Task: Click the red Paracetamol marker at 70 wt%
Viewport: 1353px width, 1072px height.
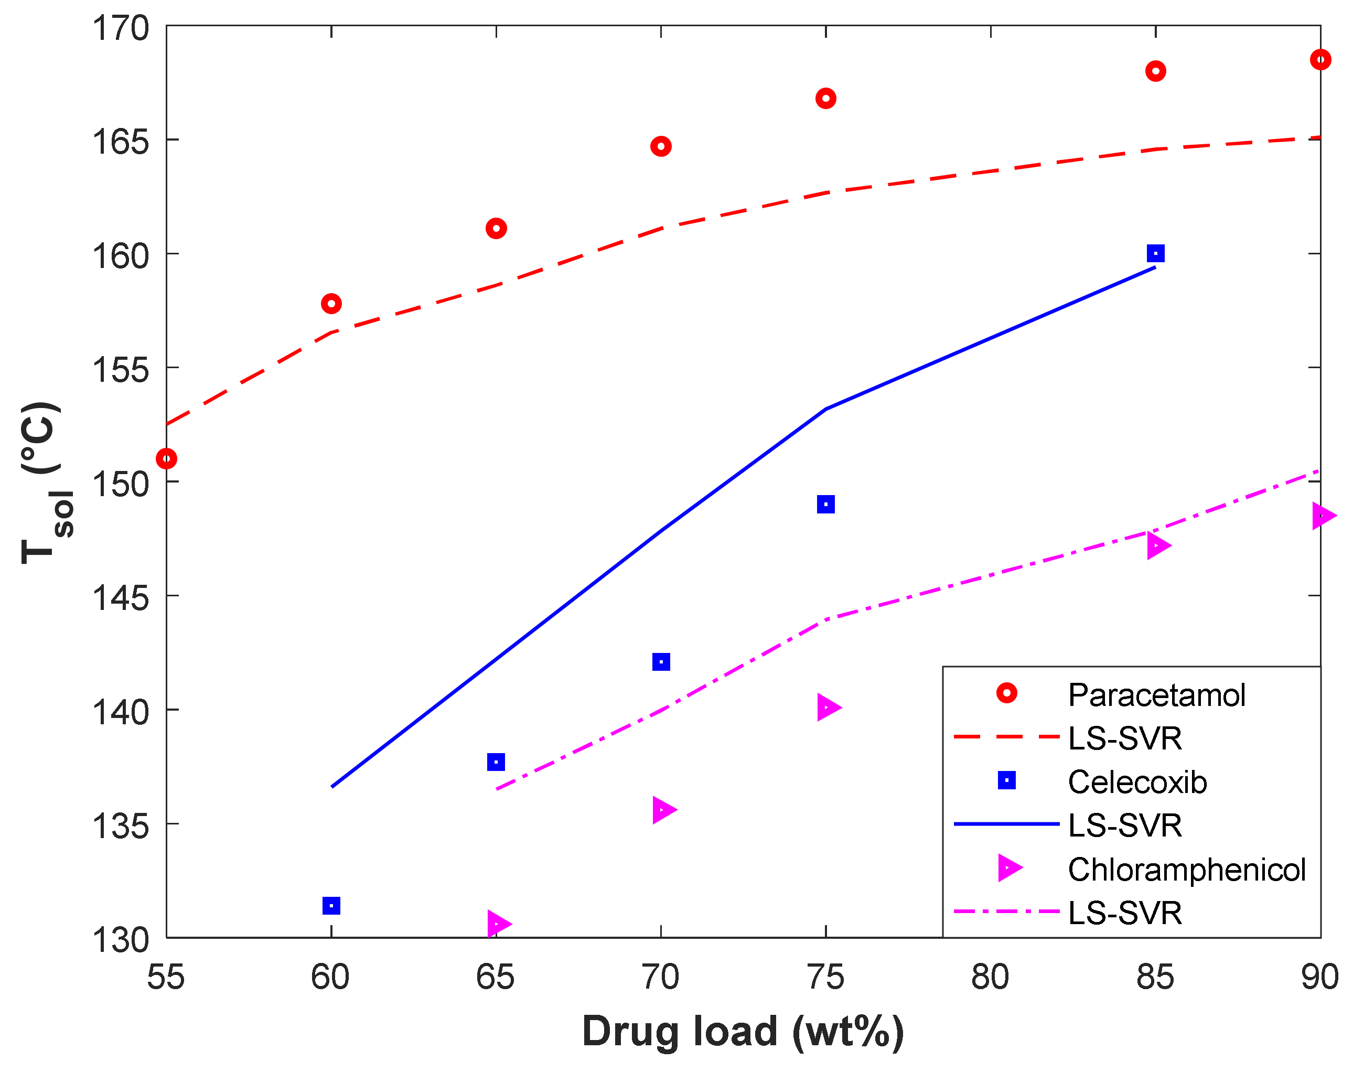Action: tap(661, 147)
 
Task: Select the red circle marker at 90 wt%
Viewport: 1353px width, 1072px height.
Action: tap(1320, 60)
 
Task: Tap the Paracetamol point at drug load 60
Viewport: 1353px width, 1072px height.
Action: tap(331, 304)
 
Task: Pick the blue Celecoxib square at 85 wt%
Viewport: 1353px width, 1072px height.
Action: tap(1155, 253)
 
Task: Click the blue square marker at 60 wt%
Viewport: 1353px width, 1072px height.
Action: tap(331, 906)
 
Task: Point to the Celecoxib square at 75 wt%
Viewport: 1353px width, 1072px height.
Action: tap(826, 504)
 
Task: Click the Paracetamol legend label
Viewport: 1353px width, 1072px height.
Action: tap(1156, 695)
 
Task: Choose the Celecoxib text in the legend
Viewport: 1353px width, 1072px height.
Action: tap(1137, 782)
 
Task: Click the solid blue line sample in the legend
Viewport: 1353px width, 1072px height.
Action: tap(1006, 824)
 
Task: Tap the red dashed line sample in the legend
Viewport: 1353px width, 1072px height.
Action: tap(1006, 737)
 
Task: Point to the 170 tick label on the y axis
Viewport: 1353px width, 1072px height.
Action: tap(121, 29)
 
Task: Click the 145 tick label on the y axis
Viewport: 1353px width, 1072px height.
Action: tap(121, 597)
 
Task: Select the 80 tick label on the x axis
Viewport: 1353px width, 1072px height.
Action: tap(990, 977)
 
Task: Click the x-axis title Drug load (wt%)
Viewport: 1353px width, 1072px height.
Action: tap(743, 1031)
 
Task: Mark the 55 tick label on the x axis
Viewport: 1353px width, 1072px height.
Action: tap(166, 977)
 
